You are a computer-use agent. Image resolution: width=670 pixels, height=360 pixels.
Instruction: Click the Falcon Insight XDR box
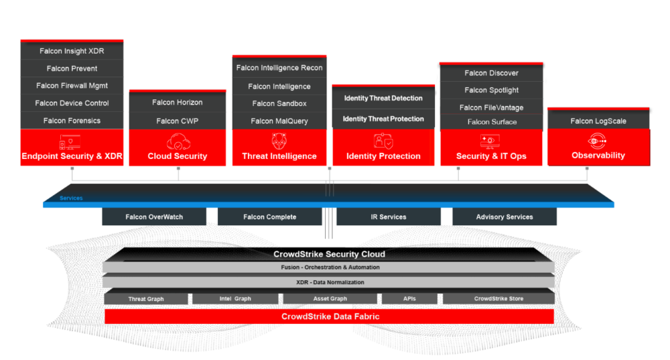pos(72,51)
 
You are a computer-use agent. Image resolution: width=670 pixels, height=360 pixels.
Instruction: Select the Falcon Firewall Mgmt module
pos(72,86)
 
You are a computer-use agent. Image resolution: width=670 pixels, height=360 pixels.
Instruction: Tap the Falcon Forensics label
pos(72,120)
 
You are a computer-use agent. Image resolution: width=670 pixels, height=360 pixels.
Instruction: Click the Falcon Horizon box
pos(177,102)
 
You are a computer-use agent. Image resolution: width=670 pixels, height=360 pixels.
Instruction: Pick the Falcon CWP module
pos(177,120)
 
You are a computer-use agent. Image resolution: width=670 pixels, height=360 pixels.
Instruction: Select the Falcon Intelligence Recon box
pos(279,67)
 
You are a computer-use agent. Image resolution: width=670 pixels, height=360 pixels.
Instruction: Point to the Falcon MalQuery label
pos(279,121)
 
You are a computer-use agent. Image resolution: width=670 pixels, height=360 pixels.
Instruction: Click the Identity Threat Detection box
pos(383,98)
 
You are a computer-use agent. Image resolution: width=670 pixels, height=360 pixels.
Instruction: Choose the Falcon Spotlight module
pos(491,90)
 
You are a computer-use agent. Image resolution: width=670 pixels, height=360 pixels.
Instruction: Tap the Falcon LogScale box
pos(598,121)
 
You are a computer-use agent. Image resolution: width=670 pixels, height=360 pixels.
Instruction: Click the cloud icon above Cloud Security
pos(178,141)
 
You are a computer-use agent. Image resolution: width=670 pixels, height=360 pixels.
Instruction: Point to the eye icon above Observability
pos(598,140)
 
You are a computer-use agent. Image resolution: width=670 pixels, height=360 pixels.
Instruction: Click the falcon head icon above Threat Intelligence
pos(279,141)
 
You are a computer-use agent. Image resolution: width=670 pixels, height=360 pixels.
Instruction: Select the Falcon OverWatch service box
pos(154,217)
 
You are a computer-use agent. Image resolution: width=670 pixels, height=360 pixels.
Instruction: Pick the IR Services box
pos(388,217)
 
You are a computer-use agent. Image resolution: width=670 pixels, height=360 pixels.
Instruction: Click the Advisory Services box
pos(504,217)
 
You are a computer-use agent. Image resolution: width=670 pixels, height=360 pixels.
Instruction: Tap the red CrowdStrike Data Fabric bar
pos(329,317)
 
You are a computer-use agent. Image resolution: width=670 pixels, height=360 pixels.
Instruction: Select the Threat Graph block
pos(146,298)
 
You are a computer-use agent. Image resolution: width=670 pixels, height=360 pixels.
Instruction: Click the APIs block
pos(410,298)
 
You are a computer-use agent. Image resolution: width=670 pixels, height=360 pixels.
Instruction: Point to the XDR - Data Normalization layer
pos(329,282)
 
